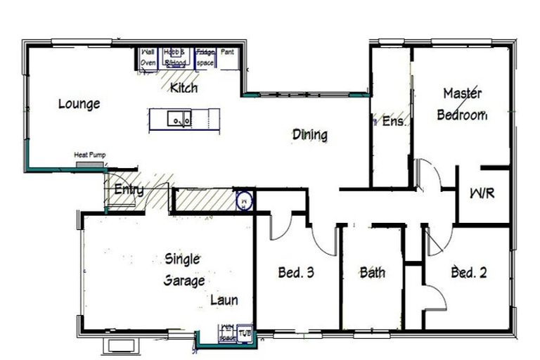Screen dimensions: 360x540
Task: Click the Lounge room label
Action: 79,104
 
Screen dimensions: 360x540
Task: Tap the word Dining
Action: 310,134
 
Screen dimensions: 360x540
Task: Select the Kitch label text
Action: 184,89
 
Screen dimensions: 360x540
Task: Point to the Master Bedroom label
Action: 462,104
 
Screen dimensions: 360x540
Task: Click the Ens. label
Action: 394,121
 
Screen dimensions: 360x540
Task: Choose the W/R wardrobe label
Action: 482,193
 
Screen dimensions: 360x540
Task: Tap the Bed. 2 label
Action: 469,272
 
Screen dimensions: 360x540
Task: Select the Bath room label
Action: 372,272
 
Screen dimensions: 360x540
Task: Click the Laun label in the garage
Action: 224,300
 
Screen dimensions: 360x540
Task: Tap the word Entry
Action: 129,190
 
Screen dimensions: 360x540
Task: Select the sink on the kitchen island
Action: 179,120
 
